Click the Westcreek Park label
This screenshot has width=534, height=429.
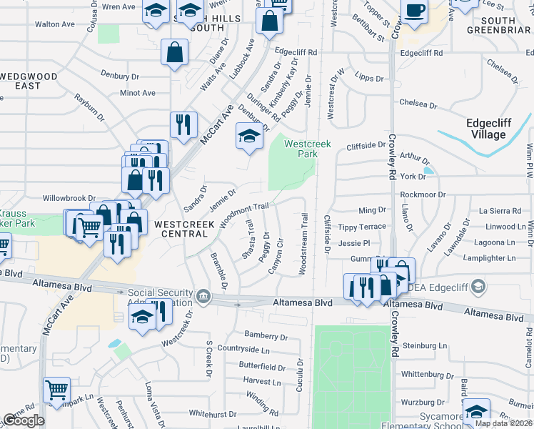coord(308,149)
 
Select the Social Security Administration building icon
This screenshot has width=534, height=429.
coord(203,295)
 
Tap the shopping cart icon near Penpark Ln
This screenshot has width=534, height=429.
coord(56,390)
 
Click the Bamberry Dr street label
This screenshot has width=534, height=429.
coord(266,335)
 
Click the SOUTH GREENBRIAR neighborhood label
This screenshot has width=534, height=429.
coord(498,25)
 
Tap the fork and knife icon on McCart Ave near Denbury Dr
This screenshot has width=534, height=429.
coord(183,124)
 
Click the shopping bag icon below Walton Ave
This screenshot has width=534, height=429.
coord(174,53)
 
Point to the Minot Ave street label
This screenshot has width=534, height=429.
coord(138,93)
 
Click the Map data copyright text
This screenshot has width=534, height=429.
coord(503,423)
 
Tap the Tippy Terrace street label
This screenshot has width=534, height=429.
coord(362,227)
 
